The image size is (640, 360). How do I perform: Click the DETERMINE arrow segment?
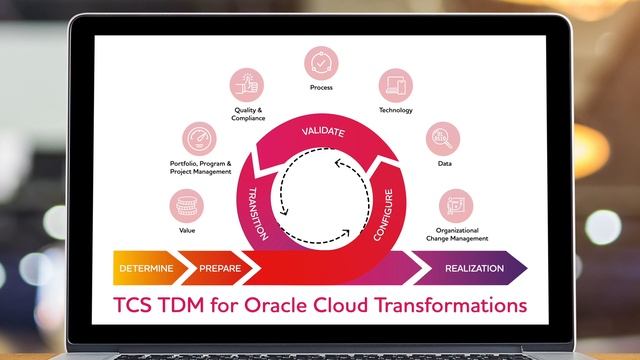(x=146, y=269)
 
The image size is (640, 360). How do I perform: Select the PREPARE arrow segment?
(x=220, y=269)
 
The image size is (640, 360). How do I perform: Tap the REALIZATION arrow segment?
(x=473, y=269)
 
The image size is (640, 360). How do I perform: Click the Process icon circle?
(x=321, y=64)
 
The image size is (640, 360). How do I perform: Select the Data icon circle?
(x=444, y=138)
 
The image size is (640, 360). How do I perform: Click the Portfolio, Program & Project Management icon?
(x=200, y=139)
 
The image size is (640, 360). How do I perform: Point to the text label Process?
(x=321, y=88)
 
